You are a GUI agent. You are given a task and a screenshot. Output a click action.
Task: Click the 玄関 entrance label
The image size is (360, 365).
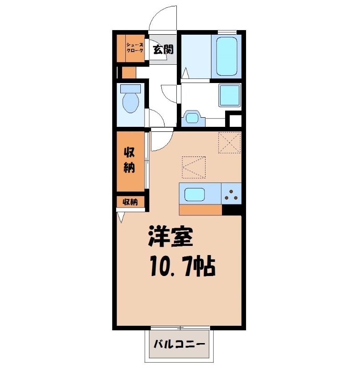point(163,49)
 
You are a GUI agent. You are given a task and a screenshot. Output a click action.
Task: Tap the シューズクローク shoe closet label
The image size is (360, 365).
point(134,47)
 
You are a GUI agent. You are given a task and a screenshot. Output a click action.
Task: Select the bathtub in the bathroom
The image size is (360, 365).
point(227,55)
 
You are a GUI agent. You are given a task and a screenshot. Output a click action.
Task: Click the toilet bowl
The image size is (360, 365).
point(131,103)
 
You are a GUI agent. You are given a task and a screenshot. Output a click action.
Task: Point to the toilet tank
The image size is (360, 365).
point(130,89)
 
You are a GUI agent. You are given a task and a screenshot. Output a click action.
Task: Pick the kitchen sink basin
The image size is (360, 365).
point(195,195)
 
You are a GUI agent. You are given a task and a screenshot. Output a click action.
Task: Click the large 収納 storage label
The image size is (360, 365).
point(129,160)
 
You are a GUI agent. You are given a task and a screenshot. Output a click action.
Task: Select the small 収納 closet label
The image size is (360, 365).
point(130,202)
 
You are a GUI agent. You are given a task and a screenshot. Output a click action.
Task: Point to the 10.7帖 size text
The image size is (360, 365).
point(183,266)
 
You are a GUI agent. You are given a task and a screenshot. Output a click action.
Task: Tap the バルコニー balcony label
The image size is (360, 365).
point(179,344)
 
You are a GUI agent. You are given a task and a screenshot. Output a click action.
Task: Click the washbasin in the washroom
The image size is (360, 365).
point(193,118)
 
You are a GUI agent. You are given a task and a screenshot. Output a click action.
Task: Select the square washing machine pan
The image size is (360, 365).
point(230,95)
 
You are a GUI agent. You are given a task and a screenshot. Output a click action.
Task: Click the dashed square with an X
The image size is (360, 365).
point(229,142)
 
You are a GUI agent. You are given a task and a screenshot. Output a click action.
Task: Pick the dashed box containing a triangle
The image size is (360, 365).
point(194,167)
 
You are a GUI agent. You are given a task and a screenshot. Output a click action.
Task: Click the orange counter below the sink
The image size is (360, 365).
point(200,210)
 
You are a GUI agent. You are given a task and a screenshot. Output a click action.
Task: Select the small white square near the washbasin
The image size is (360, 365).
point(235,121)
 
